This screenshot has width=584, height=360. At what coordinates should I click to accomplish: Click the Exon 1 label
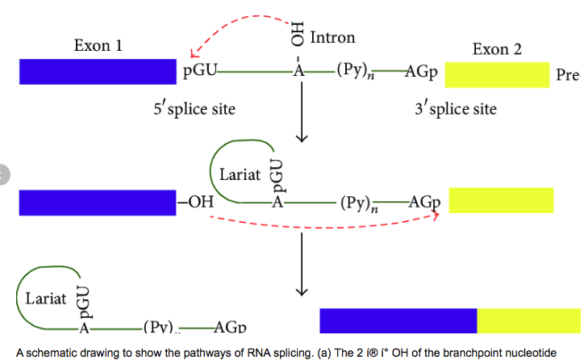[x=98, y=45]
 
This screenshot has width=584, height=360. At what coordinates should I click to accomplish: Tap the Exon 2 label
[x=497, y=49]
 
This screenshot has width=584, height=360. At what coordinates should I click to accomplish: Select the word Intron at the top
[x=332, y=37]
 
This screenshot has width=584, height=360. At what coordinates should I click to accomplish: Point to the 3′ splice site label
[x=456, y=108]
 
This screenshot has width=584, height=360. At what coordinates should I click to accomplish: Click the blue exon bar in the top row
[x=98, y=72]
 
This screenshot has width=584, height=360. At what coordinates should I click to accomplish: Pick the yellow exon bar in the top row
[x=497, y=74]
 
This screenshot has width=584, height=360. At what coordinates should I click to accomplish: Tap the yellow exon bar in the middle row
[x=501, y=200]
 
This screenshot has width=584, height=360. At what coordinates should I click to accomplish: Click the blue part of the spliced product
[x=398, y=320]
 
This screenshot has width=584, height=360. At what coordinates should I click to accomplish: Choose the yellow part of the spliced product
[x=528, y=320]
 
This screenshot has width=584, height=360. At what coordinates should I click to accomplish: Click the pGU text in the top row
[x=199, y=73]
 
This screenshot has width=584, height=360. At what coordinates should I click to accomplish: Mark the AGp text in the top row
[x=420, y=73]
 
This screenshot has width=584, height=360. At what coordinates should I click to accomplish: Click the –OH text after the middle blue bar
[x=195, y=203]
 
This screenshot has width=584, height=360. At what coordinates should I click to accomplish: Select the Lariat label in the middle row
[x=239, y=174]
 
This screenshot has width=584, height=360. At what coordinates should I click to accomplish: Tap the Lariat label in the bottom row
[x=45, y=299]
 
